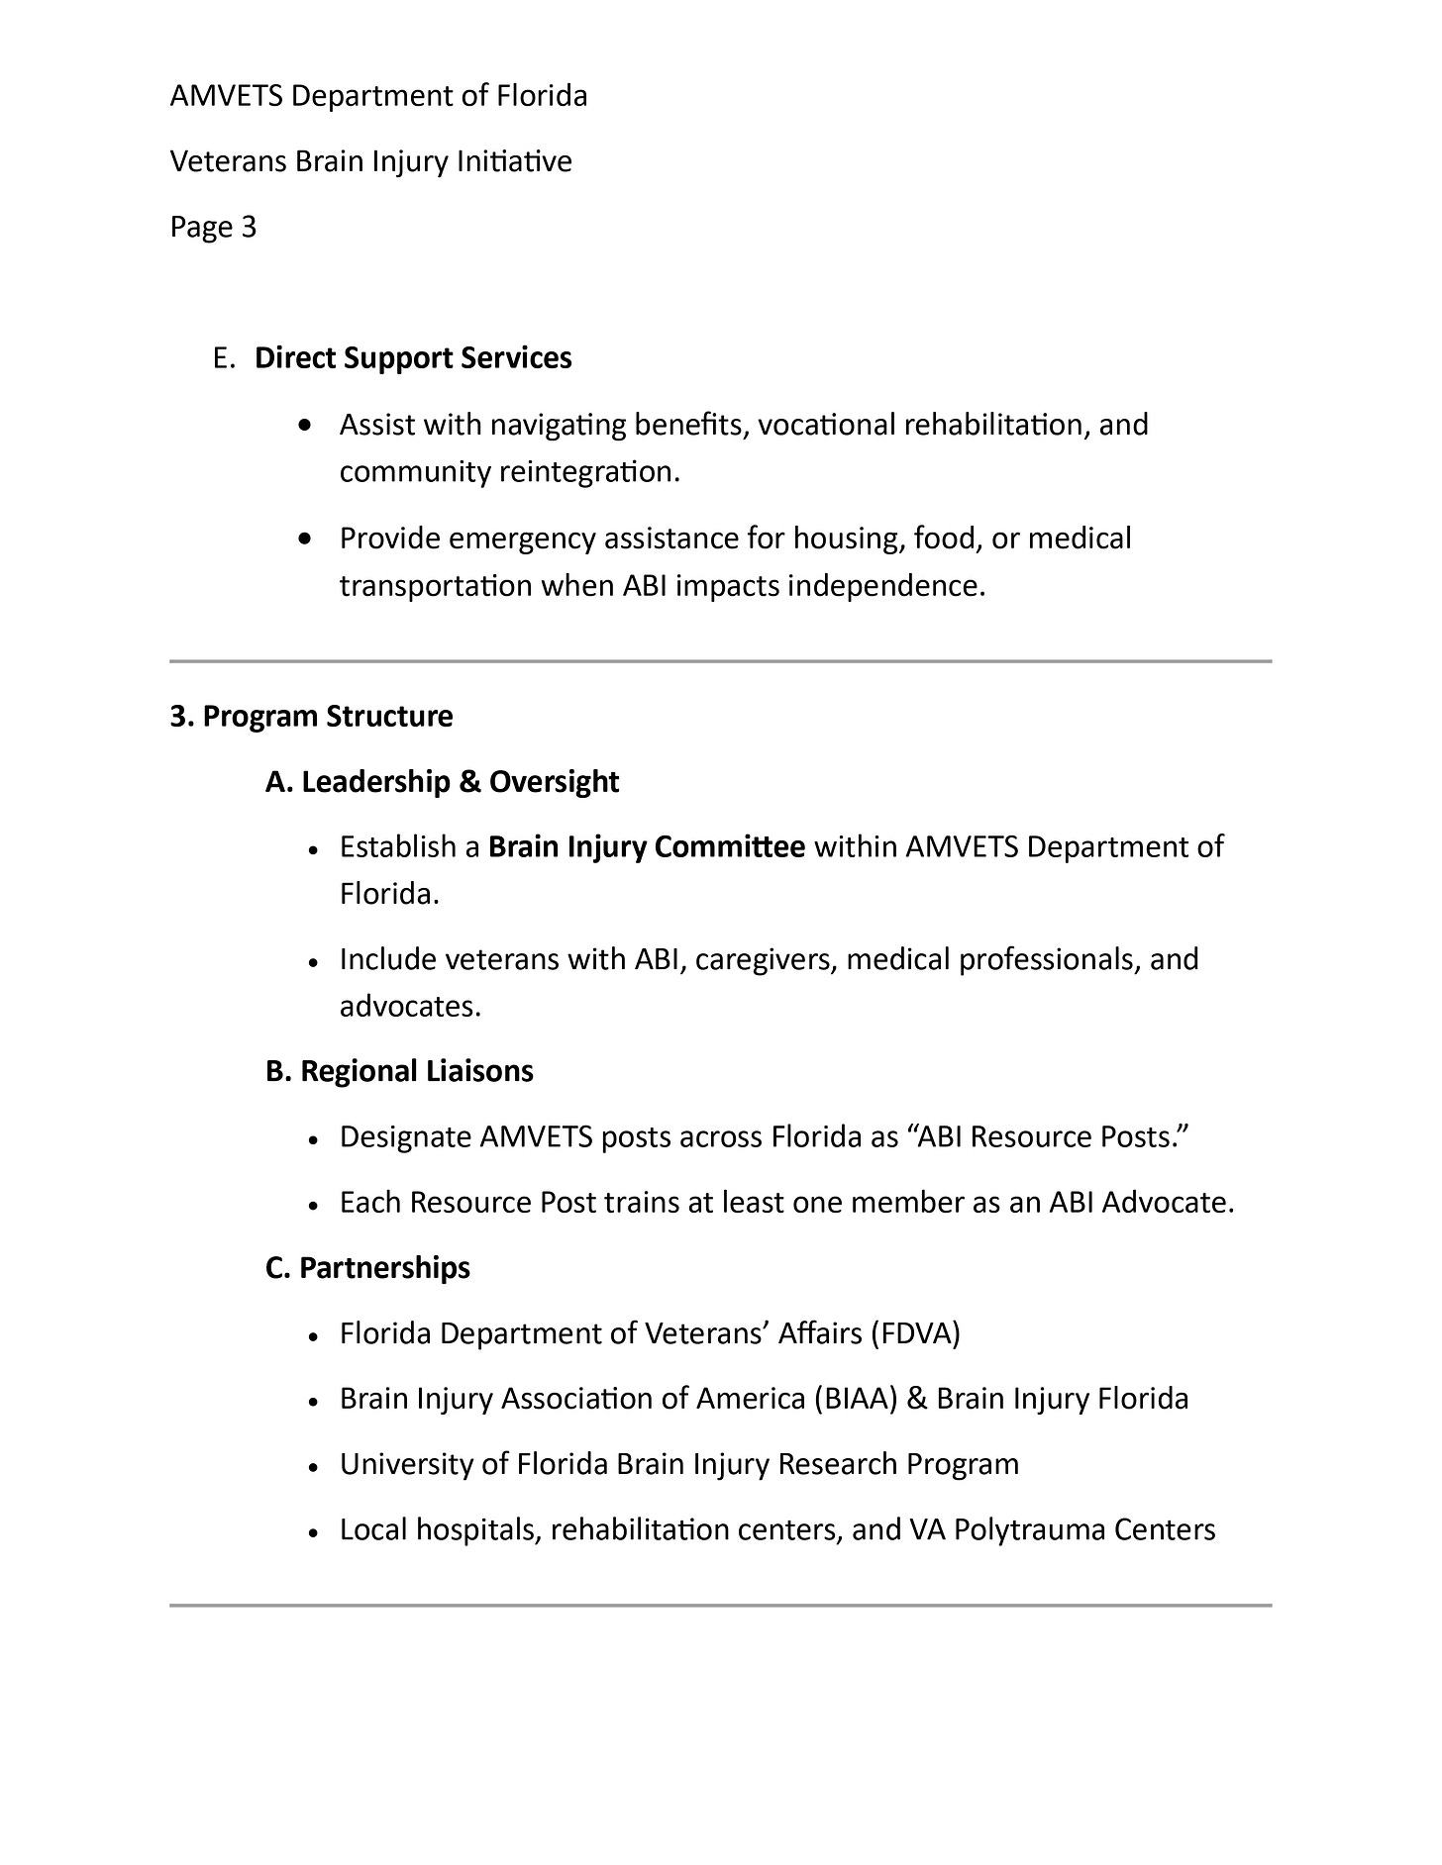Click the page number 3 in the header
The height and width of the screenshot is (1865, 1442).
click(x=249, y=228)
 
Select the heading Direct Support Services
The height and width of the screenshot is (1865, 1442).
click(x=413, y=358)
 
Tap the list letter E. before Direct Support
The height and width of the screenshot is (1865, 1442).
click(x=224, y=358)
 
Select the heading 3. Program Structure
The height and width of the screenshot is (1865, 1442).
click(x=311, y=716)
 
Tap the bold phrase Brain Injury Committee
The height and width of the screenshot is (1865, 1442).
click(x=647, y=847)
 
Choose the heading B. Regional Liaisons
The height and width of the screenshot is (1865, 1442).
click(x=399, y=1071)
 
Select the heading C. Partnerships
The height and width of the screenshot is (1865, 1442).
click(x=367, y=1268)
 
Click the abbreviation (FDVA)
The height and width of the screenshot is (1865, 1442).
click(x=915, y=1333)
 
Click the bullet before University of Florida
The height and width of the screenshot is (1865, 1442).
click(x=312, y=1466)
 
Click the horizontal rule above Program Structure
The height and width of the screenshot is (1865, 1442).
click(x=720, y=660)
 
